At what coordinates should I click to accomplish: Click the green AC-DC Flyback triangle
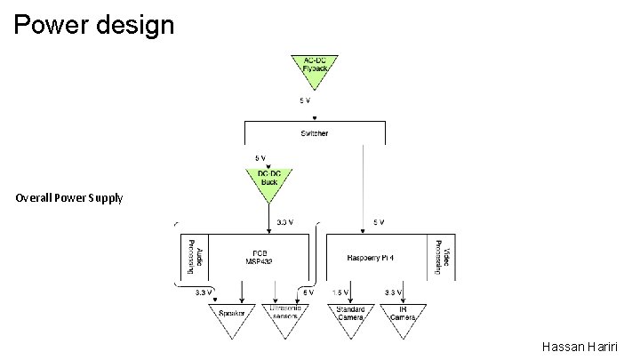pyautogui.click(x=314, y=68)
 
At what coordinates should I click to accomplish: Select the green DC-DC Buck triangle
pyautogui.click(x=268, y=180)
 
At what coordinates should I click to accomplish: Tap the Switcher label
pyautogui.click(x=314, y=133)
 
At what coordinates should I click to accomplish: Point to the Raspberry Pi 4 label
pyautogui.click(x=377, y=258)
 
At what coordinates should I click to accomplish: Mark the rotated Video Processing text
pyautogui.click(x=447, y=256)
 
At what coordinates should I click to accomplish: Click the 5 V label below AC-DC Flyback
pyautogui.click(x=305, y=100)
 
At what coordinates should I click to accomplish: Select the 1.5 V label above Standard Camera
pyautogui.click(x=340, y=292)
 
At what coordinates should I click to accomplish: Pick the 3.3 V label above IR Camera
pyautogui.click(x=393, y=292)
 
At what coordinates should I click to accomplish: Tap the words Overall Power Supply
pyautogui.click(x=69, y=197)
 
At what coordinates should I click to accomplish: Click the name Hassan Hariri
pyautogui.click(x=582, y=347)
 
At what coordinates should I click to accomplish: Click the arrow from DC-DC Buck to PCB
pyautogui.click(x=268, y=218)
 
